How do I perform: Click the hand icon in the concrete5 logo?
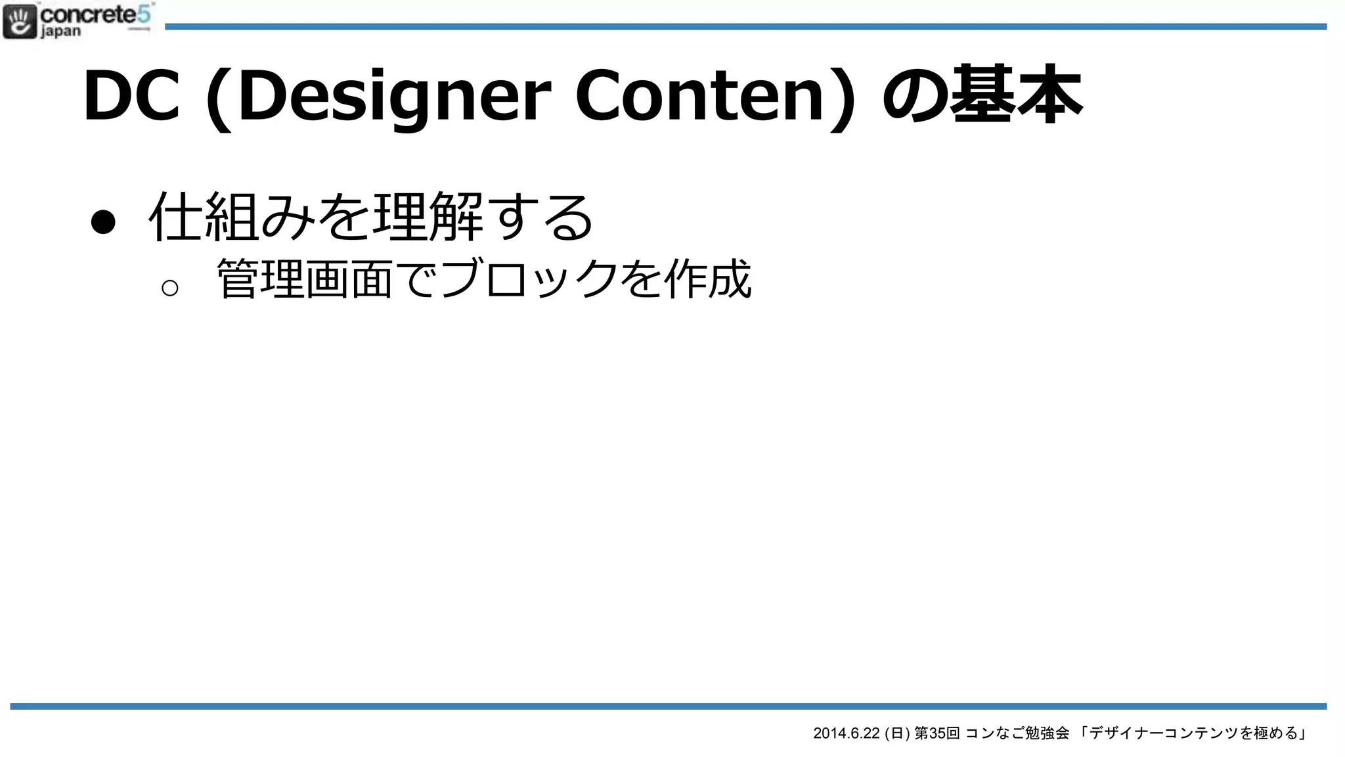pos(20,22)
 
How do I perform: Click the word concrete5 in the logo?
pos(96,14)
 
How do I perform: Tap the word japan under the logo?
pos(61,32)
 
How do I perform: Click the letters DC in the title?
pos(131,96)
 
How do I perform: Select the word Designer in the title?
pos(394,96)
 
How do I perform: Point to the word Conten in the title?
pos(699,96)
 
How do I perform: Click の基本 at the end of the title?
pos(981,96)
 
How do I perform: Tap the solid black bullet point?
pos(103,222)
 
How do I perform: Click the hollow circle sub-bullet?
pos(169,288)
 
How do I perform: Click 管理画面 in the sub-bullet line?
pos(305,279)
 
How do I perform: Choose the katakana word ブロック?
pos(529,279)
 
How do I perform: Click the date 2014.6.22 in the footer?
pos(846,733)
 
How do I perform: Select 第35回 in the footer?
pos(937,733)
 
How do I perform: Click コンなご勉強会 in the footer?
pos(1017,733)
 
